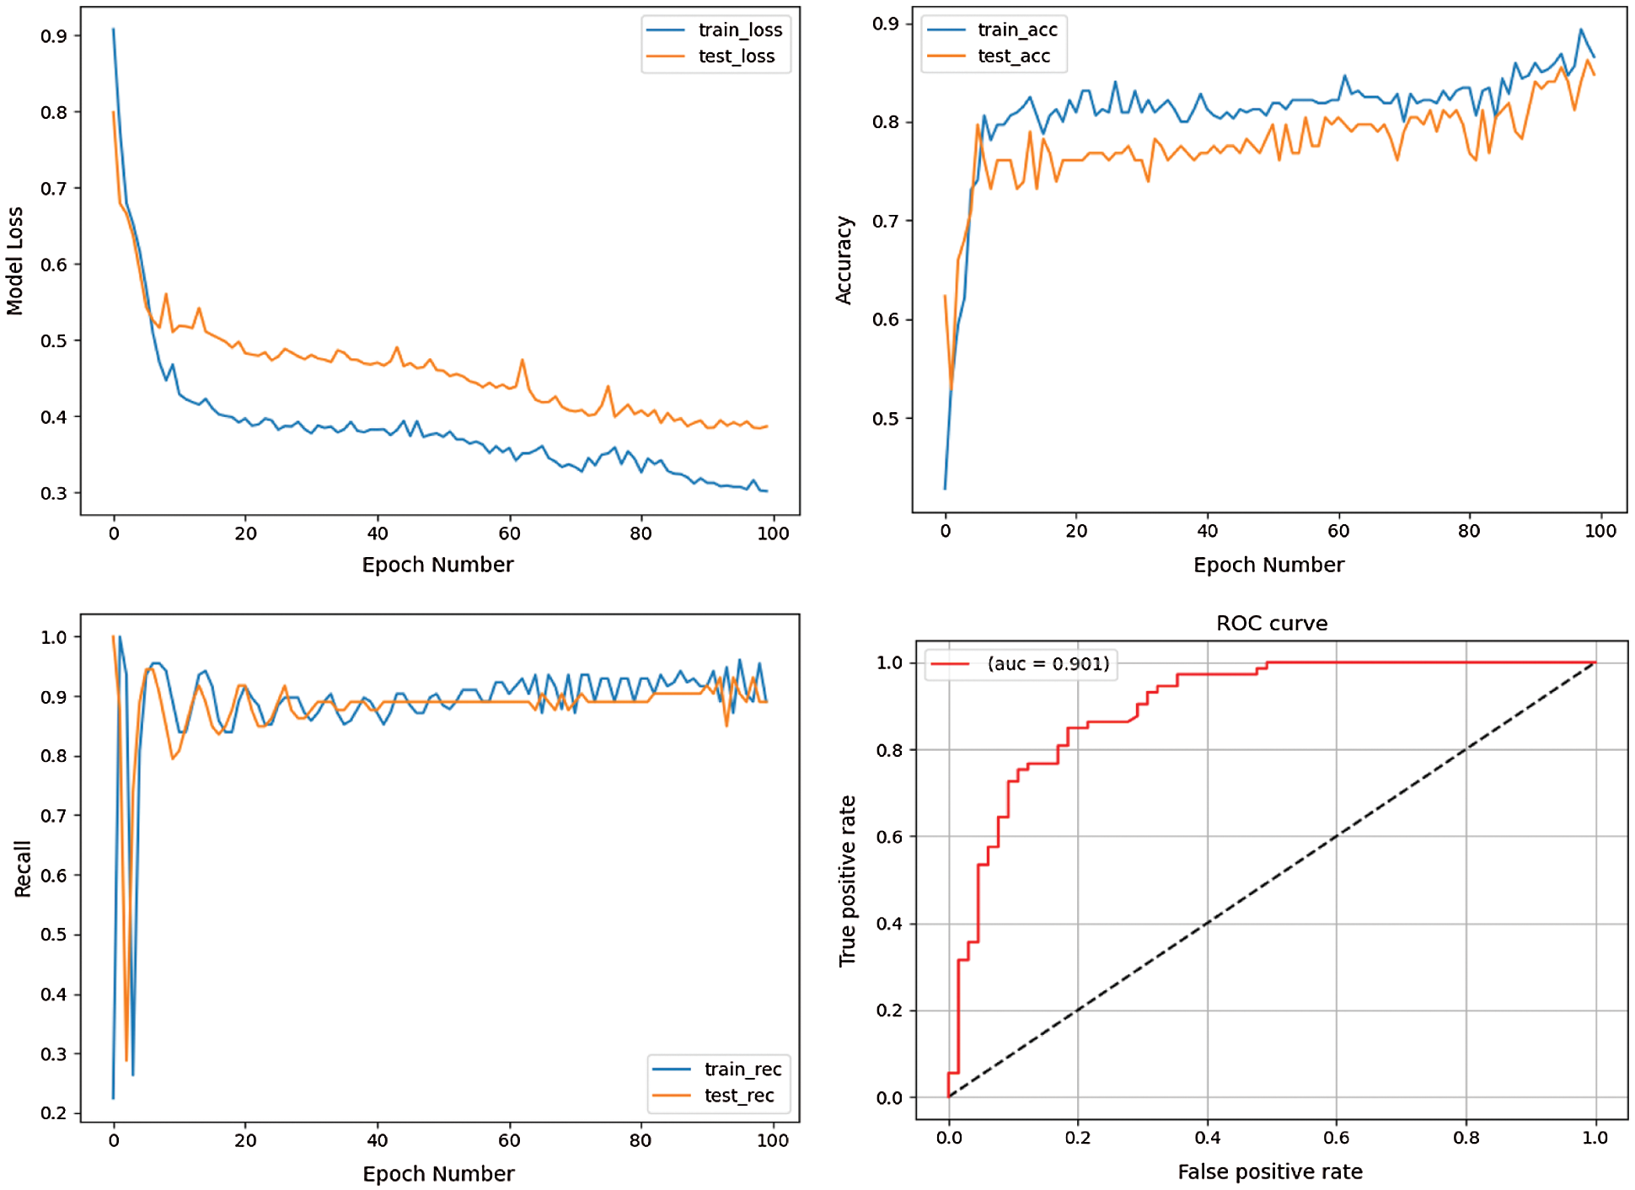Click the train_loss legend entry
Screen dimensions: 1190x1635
[x=739, y=30]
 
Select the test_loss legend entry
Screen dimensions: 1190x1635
[x=736, y=56]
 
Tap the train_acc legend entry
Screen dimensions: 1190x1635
[x=1016, y=30]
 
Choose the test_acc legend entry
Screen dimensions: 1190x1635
[x=1013, y=56]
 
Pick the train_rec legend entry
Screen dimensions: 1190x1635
[x=742, y=1069]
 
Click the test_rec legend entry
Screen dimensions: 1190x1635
[x=739, y=1096]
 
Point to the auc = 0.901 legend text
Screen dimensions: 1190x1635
[x=1048, y=664]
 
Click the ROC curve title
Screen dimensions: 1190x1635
[x=1271, y=624]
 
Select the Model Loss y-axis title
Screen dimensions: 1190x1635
[x=15, y=261]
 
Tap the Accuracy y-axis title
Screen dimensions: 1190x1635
[x=844, y=260]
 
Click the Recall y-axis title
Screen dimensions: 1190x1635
[x=23, y=868]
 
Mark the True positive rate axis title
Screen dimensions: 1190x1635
[x=847, y=881]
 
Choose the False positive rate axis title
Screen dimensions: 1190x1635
[x=1269, y=1172]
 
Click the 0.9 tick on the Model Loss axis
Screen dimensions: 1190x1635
[x=54, y=36]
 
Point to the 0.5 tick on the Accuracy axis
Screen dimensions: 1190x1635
[x=886, y=419]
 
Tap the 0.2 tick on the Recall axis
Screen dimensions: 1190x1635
[x=54, y=1113]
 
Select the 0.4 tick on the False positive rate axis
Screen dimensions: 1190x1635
[x=1207, y=1139]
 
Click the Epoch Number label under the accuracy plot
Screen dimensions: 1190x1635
[x=1268, y=565]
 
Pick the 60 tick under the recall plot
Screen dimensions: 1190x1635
[x=509, y=1141]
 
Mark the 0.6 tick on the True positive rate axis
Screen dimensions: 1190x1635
[x=889, y=837]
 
